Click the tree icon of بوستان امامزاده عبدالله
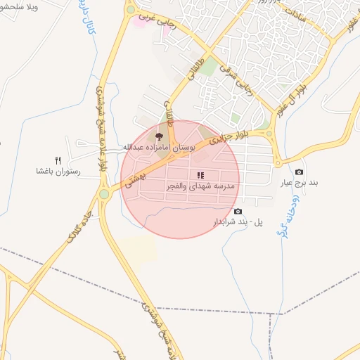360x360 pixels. tap(159, 136)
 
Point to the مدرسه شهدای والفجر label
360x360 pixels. tap(201, 186)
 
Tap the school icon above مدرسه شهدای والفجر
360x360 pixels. tap(200, 175)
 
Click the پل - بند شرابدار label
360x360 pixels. tap(238, 222)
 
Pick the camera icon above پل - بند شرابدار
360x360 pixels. tap(238, 212)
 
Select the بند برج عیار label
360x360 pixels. tap(300, 183)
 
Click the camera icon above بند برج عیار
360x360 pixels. tap(300, 172)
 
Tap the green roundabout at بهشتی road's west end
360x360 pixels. tap(104, 193)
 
